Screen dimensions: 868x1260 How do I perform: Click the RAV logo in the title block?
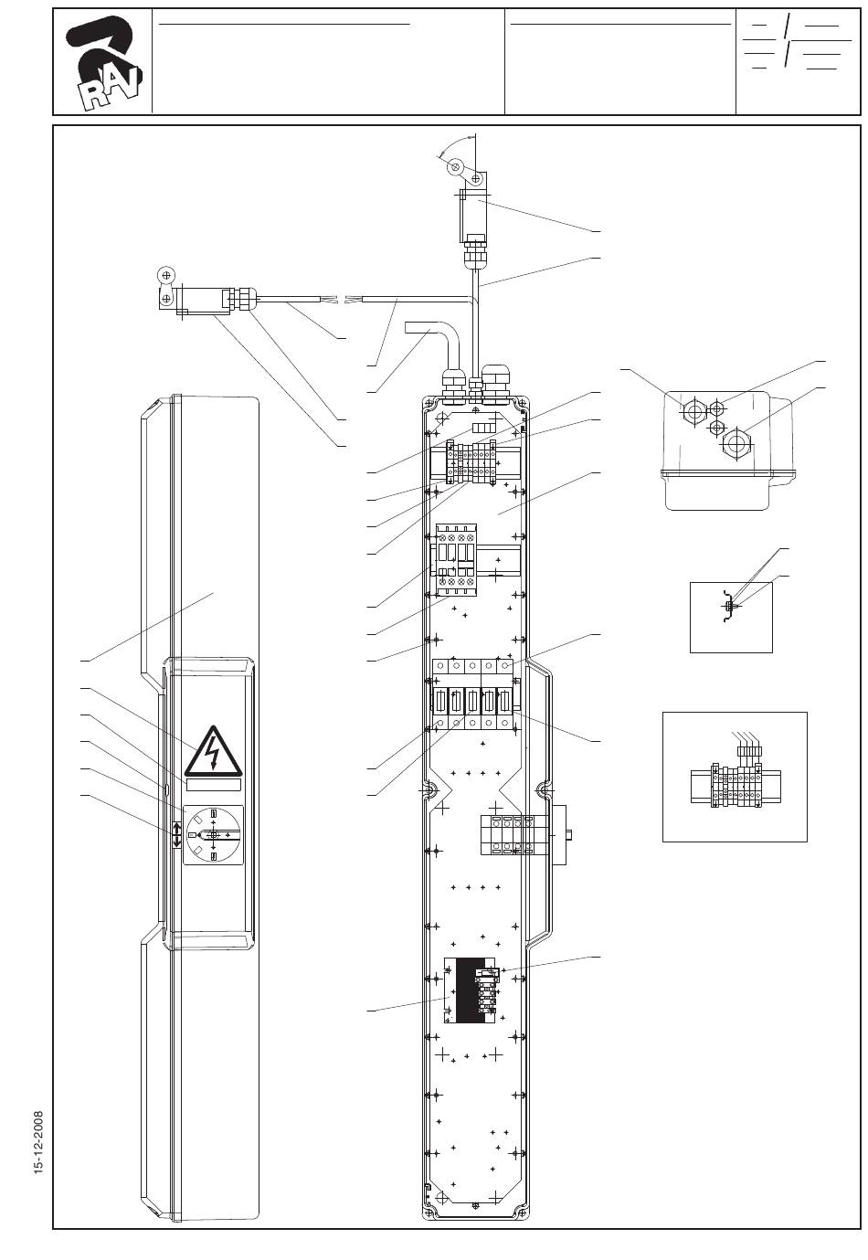pyautogui.click(x=103, y=63)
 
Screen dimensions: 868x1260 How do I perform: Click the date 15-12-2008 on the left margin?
pyautogui.click(x=38, y=1141)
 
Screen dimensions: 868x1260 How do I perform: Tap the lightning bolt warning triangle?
pyautogui.click(x=213, y=750)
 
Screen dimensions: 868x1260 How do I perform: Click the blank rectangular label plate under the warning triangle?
pyautogui.click(x=213, y=785)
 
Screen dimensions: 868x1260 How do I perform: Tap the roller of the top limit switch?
pyautogui.click(x=454, y=167)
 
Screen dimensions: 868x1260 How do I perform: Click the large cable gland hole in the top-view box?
pyautogui.click(x=734, y=442)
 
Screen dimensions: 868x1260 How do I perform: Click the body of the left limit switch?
pyautogui.click(x=203, y=298)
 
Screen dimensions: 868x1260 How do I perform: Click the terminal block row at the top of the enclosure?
pyautogui.click(x=471, y=462)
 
